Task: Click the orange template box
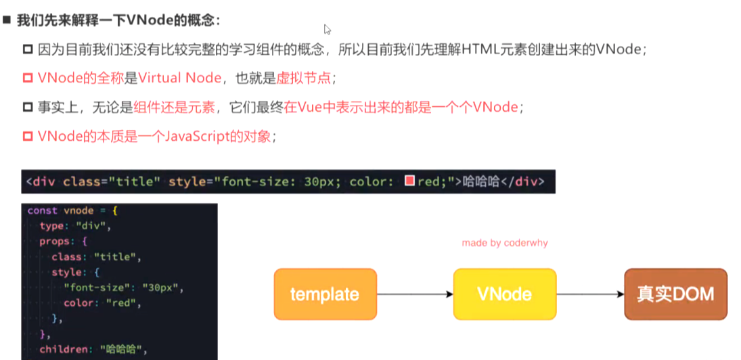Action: (x=325, y=294)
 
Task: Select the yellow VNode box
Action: (x=504, y=294)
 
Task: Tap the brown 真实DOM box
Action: (x=675, y=294)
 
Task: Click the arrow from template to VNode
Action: (x=414, y=294)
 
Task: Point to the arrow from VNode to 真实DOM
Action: (x=589, y=294)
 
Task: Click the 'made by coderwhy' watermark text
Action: (x=504, y=242)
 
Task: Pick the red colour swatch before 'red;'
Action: (x=409, y=181)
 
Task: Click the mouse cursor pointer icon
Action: (x=328, y=30)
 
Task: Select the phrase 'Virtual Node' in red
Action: (x=180, y=78)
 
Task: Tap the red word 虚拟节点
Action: (x=304, y=78)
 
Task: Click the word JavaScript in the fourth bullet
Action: (x=196, y=136)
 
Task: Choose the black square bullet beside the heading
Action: (x=7, y=20)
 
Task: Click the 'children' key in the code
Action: (x=64, y=349)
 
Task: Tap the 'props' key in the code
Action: (x=54, y=241)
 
